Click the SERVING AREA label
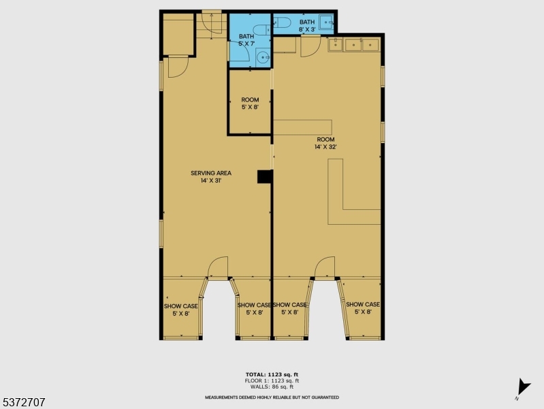click(x=211, y=173)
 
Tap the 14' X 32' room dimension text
click(x=325, y=147)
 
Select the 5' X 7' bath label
click(x=246, y=40)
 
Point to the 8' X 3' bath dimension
click(x=307, y=29)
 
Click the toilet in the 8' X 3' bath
click(x=282, y=22)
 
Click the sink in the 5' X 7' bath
click(x=263, y=57)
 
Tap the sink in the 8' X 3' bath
click(x=326, y=22)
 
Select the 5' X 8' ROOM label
click(x=250, y=104)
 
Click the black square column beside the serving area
click(x=265, y=177)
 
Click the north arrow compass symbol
click(x=523, y=387)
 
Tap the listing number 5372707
click(x=24, y=402)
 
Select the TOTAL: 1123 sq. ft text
click(x=272, y=375)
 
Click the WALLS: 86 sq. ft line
click(x=272, y=387)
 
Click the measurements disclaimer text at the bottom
click(x=272, y=397)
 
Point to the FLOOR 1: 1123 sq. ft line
click(x=272, y=380)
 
